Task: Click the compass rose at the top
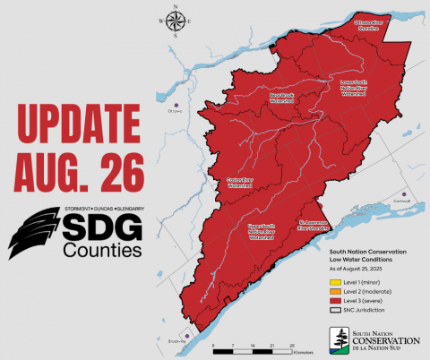[x=175, y=22]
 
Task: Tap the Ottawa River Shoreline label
[x=369, y=27]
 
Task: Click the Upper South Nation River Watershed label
[x=261, y=234]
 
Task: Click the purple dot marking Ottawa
[x=176, y=103]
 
